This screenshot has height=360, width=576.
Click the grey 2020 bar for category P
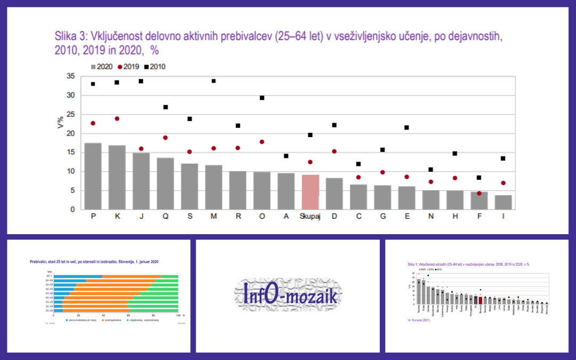[x=93, y=176]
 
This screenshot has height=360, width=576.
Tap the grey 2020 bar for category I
[x=503, y=202]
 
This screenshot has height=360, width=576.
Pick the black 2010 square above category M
[x=213, y=81]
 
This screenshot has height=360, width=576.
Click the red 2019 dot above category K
[x=117, y=118]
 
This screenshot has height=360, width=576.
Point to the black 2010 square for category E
[x=406, y=127]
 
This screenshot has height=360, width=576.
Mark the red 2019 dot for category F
[x=479, y=193]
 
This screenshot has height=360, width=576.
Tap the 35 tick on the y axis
[x=70, y=76]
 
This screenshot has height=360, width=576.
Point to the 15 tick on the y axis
[x=70, y=153]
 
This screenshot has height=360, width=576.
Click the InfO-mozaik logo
[x=288, y=297]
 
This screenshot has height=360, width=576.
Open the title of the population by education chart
[x=94, y=262]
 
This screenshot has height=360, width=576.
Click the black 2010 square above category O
[x=262, y=98]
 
